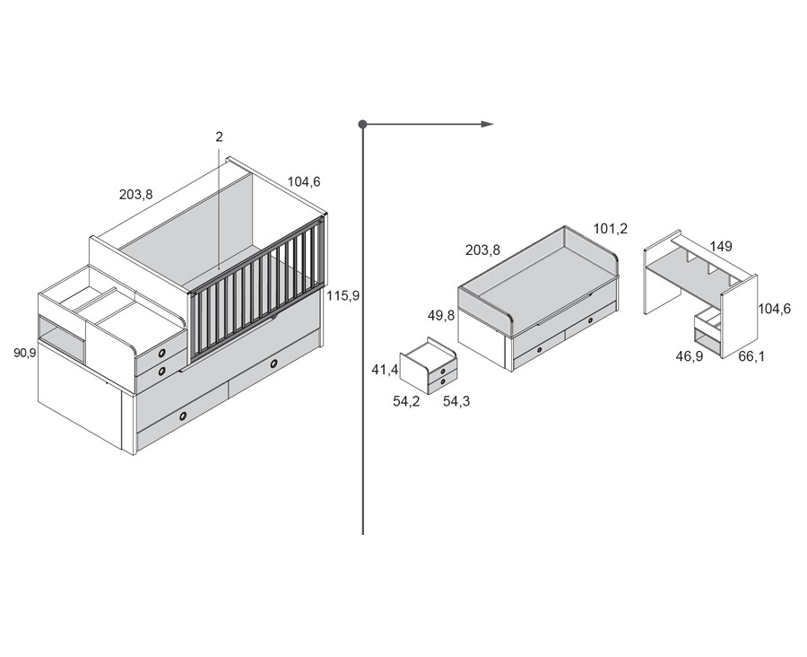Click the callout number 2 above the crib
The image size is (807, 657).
[220, 137]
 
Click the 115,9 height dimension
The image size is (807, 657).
[343, 296]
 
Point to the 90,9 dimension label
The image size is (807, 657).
[25, 353]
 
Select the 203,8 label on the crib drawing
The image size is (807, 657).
[136, 195]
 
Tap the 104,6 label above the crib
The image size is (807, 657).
[304, 181]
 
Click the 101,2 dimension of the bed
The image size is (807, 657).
[611, 229]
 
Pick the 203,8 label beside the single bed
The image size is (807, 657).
[482, 250]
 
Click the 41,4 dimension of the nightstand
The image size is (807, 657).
[385, 369]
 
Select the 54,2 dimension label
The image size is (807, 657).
[406, 401]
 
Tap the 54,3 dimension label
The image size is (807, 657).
[456, 401]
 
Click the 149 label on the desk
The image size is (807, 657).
[721, 246]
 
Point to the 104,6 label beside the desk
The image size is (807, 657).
[774, 309]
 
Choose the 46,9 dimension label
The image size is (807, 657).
[690, 356]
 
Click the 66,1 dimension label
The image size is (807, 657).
[751, 356]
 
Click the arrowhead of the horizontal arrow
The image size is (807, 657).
[488, 124]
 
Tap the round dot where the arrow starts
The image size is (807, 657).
[363, 124]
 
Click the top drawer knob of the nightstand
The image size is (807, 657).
[443, 371]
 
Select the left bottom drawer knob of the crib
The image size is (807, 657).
[183, 416]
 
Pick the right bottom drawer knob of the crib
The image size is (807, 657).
[273, 364]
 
